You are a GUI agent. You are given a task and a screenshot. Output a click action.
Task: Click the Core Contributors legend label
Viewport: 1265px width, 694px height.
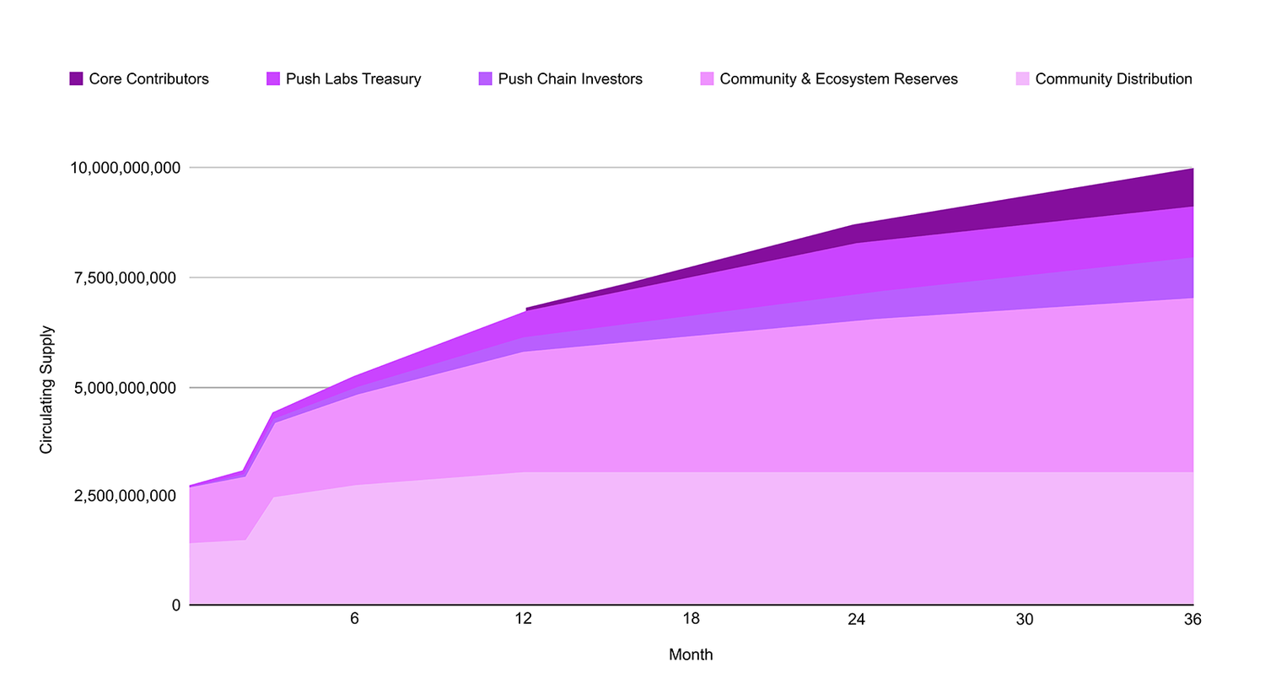(148, 79)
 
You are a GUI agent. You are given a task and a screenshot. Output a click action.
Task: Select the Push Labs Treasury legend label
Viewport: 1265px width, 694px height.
(353, 79)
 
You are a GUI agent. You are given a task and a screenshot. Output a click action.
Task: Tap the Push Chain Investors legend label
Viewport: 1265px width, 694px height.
(569, 79)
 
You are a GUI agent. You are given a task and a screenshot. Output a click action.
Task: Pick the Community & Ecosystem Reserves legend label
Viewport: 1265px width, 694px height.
(838, 79)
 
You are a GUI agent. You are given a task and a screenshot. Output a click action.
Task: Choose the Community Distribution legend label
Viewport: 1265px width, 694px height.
(1113, 79)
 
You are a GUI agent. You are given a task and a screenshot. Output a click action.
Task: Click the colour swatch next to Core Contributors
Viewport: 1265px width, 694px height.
(76, 79)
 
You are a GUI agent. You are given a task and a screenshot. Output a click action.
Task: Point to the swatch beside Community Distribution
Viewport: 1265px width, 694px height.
(1022, 79)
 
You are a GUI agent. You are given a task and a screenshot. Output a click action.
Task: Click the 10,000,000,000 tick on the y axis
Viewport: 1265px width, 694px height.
(125, 168)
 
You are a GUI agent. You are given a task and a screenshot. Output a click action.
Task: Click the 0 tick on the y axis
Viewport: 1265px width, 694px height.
(176, 605)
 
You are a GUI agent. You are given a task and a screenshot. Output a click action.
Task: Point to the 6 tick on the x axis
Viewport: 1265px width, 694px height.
(354, 619)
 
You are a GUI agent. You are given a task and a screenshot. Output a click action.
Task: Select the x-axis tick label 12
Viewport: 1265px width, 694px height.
(523, 619)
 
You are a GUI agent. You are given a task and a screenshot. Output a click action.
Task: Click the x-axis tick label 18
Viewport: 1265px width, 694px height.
(691, 619)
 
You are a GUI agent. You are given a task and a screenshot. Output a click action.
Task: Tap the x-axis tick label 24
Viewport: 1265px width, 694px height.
(856, 619)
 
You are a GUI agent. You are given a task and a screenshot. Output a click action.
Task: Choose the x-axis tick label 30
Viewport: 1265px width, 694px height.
(1024, 619)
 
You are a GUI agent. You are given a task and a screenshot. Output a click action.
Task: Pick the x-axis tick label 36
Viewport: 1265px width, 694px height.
(1192, 619)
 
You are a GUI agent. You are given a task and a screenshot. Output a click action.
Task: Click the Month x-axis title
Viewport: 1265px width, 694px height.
(691, 655)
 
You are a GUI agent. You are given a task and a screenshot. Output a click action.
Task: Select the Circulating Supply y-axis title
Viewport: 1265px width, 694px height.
(46, 390)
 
